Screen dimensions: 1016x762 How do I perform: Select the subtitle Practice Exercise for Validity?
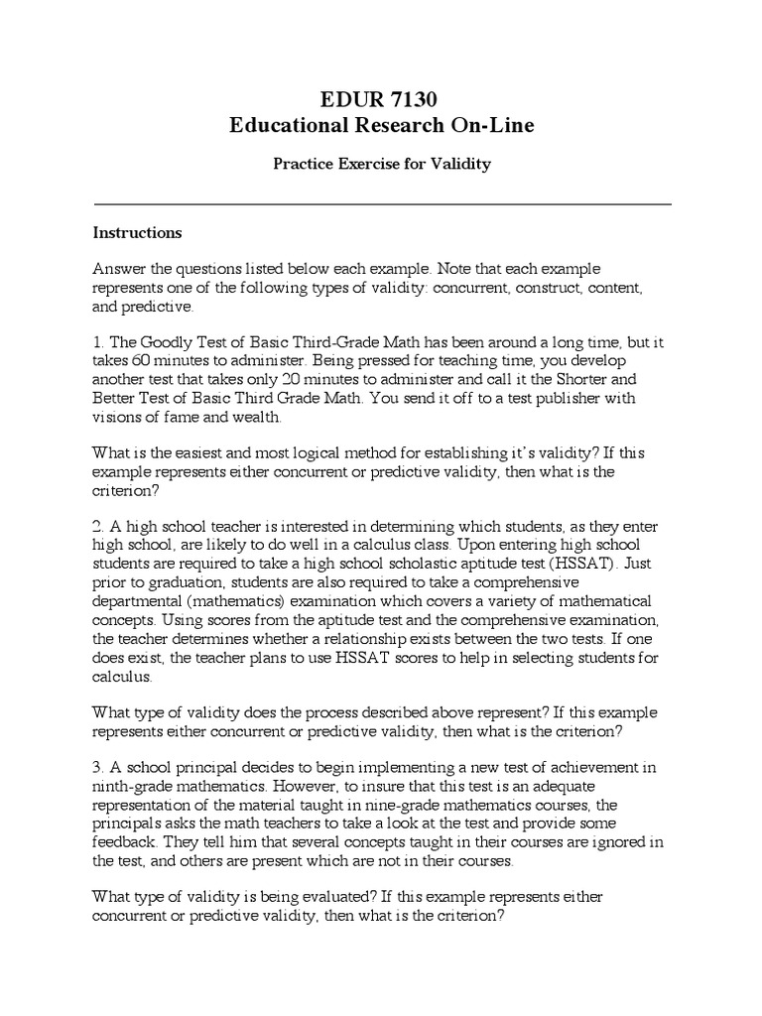coord(382,164)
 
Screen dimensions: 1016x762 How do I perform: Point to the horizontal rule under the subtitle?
coord(382,204)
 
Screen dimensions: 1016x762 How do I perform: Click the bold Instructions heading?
coord(137,233)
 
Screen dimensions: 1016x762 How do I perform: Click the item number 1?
coord(97,342)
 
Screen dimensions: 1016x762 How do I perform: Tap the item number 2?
coord(97,525)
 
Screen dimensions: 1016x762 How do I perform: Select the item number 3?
coord(97,769)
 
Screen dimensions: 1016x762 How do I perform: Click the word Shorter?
coord(589,379)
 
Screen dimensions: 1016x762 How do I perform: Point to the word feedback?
coord(125,842)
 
